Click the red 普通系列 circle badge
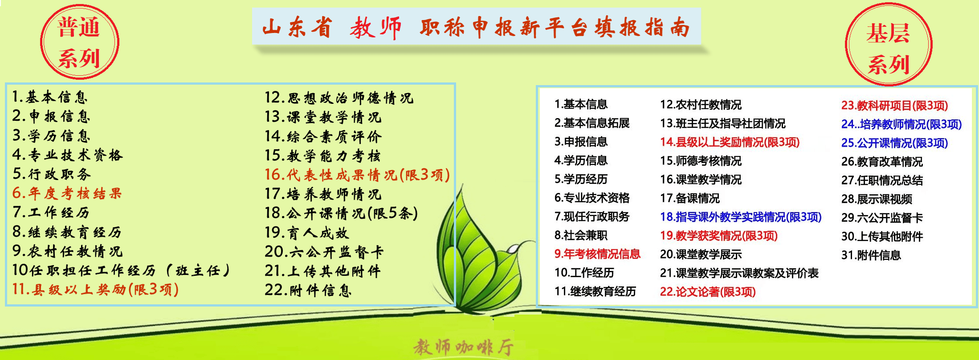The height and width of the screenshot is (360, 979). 80,42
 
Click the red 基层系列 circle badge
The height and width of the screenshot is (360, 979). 889,45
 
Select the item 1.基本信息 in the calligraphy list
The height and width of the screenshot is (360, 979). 50,97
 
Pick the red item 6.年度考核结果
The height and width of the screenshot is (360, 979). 67,193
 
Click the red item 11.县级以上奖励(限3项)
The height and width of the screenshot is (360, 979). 95,289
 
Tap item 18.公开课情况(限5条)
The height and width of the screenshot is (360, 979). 341,213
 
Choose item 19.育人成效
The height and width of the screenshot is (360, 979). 306,232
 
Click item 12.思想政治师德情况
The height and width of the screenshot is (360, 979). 339,98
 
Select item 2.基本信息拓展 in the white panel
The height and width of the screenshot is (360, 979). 592,123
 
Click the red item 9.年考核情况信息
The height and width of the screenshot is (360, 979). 597,254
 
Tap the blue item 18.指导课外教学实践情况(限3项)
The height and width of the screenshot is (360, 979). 741,217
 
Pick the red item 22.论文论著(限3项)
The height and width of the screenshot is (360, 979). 708,292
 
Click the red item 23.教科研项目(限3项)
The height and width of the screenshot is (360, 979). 894,106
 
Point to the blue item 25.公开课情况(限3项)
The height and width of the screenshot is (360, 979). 894,143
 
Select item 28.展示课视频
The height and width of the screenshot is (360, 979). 877,199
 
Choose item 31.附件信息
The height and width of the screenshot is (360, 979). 871,255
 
